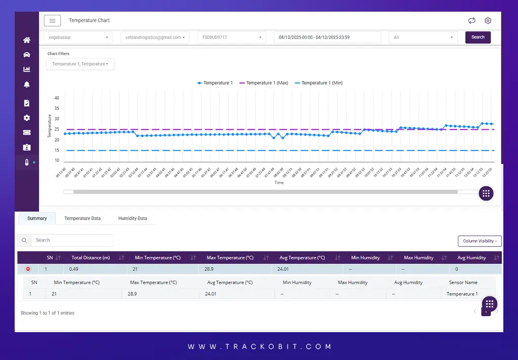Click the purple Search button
tap(478, 37)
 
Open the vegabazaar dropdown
tap(79, 37)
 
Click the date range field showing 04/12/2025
tap(327, 37)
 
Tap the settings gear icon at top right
tap(488, 21)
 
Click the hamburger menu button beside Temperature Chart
tap(52, 21)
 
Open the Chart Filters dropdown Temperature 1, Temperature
tap(80, 64)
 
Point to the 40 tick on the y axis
tap(57, 98)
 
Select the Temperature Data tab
tap(82, 218)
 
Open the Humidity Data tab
tap(133, 218)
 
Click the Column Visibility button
tap(479, 241)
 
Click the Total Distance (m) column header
tap(91, 258)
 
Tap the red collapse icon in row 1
tap(28, 269)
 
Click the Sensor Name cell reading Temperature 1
tap(462, 294)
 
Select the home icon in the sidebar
tap(27, 40)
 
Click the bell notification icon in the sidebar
tap(27, 85)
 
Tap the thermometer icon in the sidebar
tap(27, 162)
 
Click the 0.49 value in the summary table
tap(74, 269)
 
